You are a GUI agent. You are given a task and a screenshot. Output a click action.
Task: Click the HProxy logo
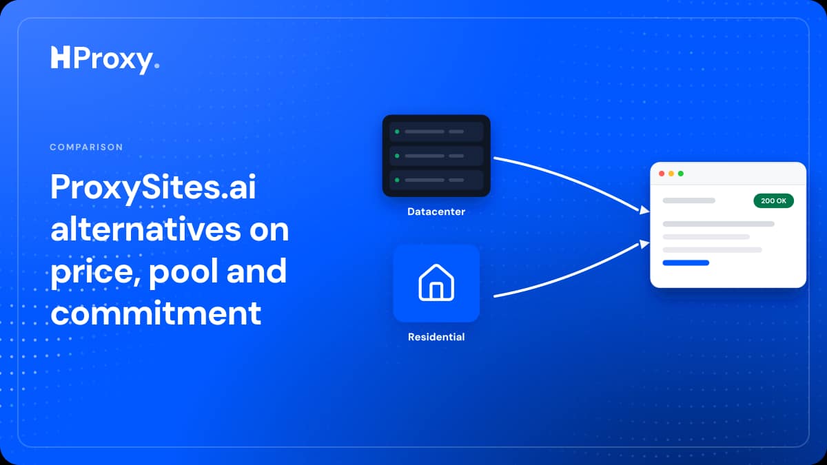click(105, 59)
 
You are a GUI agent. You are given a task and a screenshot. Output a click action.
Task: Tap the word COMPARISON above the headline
click(86, 147)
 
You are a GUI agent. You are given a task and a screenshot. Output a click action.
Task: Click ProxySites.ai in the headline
click(153, 188)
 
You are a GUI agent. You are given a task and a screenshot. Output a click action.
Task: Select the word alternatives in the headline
click(146, 229)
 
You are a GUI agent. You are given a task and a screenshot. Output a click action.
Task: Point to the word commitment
click(156, 313)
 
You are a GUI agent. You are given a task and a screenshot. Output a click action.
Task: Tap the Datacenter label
click(436, 211)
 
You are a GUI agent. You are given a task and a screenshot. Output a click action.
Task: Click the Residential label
click(436, 337)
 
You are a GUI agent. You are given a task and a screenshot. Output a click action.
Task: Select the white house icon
click(436, 282)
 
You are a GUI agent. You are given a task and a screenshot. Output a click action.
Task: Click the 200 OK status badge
click(773, 200)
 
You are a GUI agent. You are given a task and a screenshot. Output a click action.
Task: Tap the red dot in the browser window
click(662, 174)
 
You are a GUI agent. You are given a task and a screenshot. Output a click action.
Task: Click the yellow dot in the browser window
click(671, 174)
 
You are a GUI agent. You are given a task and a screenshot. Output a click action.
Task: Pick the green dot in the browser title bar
click(681, 174)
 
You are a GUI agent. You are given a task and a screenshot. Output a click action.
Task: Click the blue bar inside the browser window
click(686, 262)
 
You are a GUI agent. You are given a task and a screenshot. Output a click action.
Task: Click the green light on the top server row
click(397, 132)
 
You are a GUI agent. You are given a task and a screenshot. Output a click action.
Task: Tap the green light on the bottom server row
click(397, 180)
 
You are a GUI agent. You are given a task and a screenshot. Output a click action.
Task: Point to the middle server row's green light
click(397, 156)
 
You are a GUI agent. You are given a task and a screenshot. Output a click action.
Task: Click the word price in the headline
click(96, 273)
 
